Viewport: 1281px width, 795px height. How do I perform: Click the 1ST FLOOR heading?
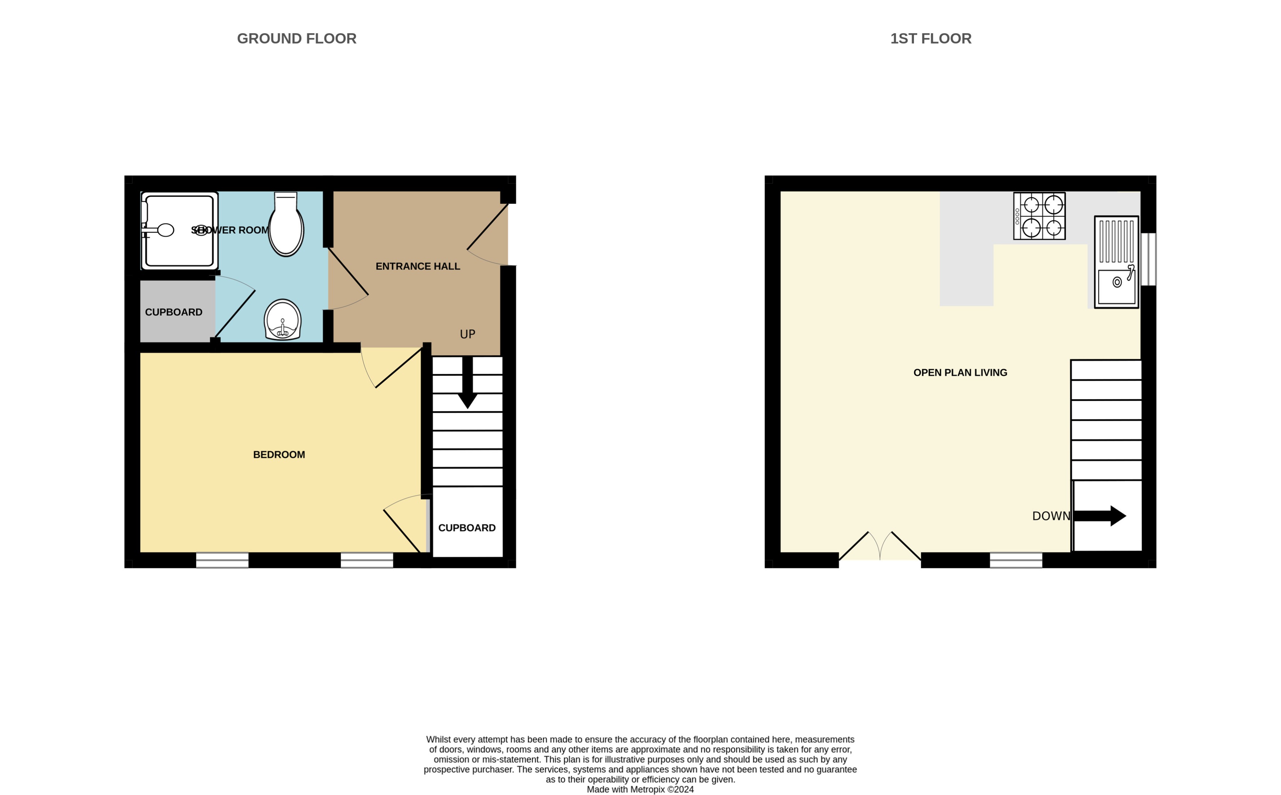pyautogui.click(x=930, y=38)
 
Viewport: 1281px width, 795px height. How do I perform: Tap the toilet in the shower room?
pyautogui.click(x=286, y=225)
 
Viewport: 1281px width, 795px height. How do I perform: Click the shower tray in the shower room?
pyautogui.click(x=179, y=231)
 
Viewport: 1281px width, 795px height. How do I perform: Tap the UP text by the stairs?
pyautogui.click(x=467, y=334)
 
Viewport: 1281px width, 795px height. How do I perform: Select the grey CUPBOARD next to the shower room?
pyautogui.click(x=174, y=312)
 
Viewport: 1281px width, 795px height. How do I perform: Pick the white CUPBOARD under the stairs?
pyautogui.click(x=467, y=527)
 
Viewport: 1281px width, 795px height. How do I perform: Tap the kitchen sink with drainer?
pyautogui.click(x=1116, y=262)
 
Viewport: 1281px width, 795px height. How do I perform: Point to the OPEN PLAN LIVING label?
pyautogui.click(x=960, y=373)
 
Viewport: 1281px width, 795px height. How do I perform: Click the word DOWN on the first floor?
pyautogui.click(x=1051, y=516)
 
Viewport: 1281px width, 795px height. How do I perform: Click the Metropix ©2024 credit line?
pyautogui.click(x=640, y=789)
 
